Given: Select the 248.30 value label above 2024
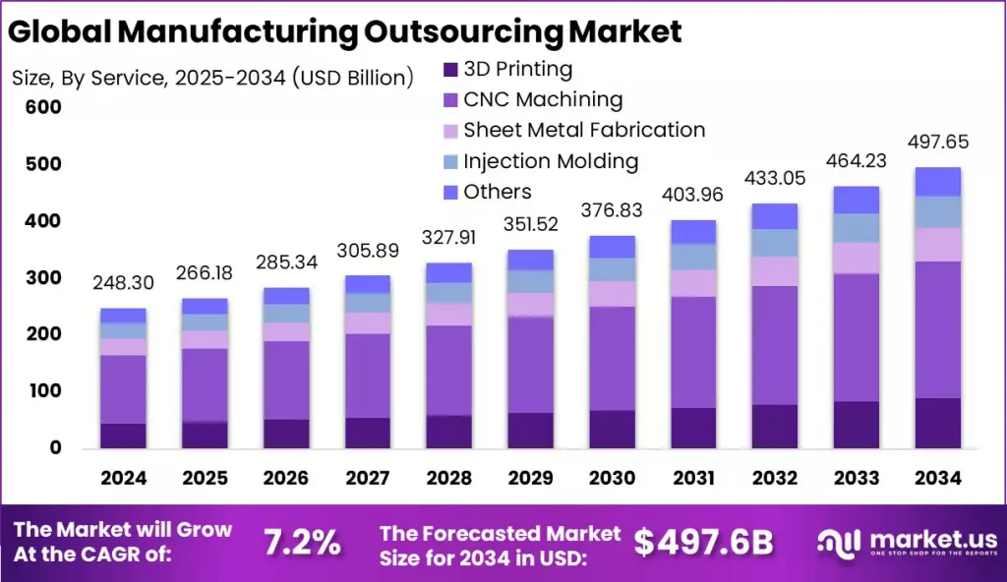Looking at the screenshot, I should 123,283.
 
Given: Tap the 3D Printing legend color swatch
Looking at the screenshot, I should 450,70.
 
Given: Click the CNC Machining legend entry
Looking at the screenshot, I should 543,99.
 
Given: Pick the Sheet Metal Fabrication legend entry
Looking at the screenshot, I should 584,130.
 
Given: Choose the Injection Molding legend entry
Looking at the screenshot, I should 551,161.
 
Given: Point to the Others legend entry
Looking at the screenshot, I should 498,192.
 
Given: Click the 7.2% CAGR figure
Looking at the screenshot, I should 302,542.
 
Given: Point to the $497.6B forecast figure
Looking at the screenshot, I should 703,542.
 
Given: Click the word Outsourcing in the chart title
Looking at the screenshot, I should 465,31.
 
